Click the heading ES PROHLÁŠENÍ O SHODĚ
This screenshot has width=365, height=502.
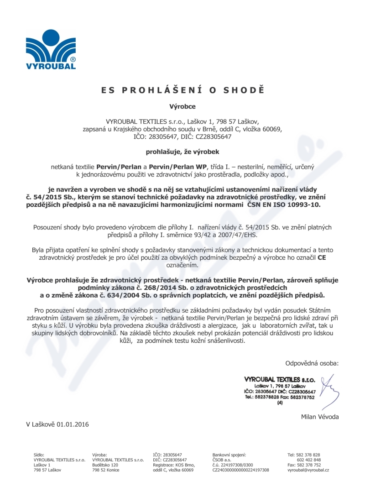pyautogui.click(x=182, y=90)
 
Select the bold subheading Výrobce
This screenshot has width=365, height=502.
pyautogui.click(x=182, y=107)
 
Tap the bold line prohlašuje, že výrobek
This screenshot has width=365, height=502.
pyautogui.click(x=182, y=151)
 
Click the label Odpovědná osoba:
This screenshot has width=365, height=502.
pyautogui.click(x=312, y=363)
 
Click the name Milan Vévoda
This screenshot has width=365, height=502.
pyautogui.click(x=320, y=417)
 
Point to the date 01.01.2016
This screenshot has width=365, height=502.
pyautogui.click(x=73, y=424)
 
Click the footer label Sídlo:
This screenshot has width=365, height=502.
pyautogui.click(x=39, y=455)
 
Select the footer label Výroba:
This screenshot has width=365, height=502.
pyautogui.click(x=99, y=455)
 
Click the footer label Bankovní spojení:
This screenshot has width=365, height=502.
pyautogui.click(x=229, y=455)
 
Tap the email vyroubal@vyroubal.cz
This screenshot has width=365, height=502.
pyautogui.click(x=308, y=470)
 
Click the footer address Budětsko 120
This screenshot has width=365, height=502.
pyautogui.click(x=105, y=465)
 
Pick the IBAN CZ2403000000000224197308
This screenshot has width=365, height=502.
pyautogui.click(x=240, y=470)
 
